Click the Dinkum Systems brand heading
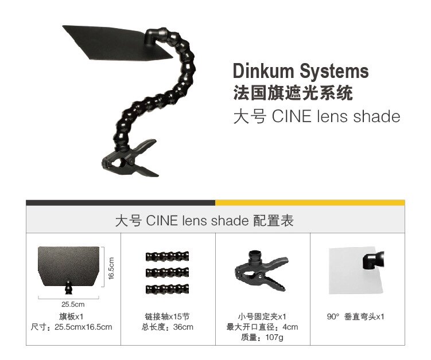pos(300,72)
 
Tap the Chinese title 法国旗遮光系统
pos(293,92)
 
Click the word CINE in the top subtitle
pos(290,116)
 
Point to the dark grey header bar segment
pos(121,202)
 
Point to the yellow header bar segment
pos(310,202)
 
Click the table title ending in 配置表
pos(204,221)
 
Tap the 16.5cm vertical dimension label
pos(112,268)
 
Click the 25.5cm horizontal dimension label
pos(72,304)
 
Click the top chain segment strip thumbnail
pos(167,256)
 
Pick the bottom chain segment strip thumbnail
pos(167,288)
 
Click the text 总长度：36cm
pos(168,327)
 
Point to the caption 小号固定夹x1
pos(262,316)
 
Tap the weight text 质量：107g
pos(262,338)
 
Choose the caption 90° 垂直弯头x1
pos(356,316)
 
